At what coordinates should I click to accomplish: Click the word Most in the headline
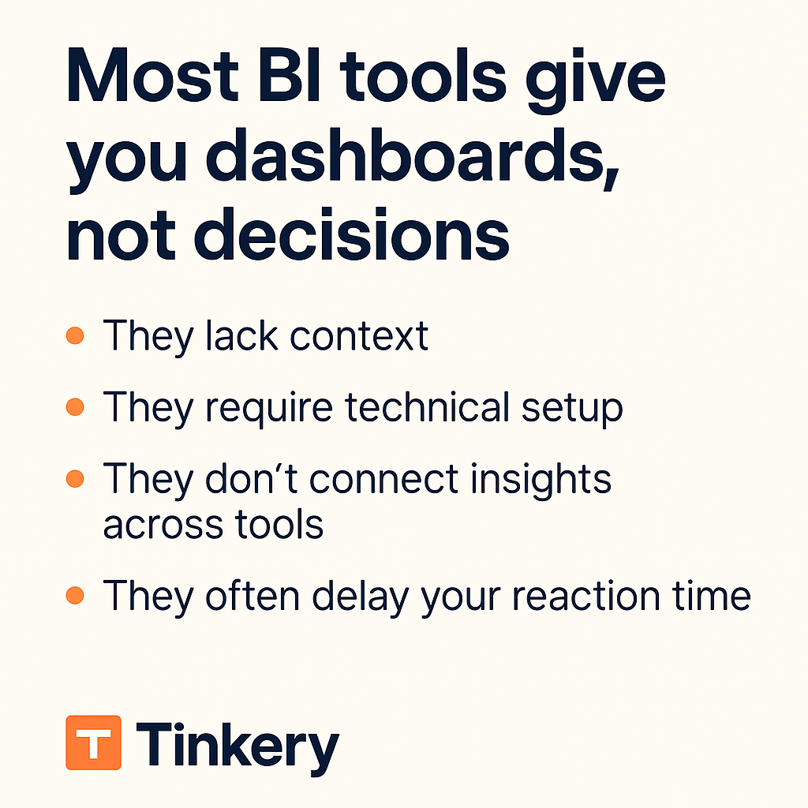tap(152, 77)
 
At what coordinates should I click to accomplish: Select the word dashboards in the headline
tap(412, 155)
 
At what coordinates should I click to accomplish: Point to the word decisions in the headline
tap(351, 234)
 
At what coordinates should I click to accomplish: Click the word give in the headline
tap(595, 82)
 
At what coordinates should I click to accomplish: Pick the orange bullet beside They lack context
tap(75, 335)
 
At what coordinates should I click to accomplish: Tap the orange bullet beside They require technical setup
tap(75, 406)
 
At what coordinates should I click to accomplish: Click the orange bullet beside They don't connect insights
tap(75, 478)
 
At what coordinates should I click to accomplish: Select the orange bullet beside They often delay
tap(75, 595)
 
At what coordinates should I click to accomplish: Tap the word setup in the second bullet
tap(572, 410)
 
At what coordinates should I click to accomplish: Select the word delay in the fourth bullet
tap(360, 598)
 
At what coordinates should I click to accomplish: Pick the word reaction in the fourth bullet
tap(586, 597)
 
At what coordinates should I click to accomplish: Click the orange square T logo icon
tap(93, 743)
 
